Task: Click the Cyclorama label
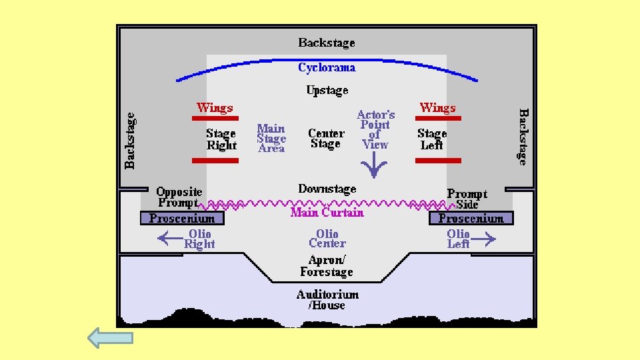327,67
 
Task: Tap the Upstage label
327,90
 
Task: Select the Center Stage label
326,139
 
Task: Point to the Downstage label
327,189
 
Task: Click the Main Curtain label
327,213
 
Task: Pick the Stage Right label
221,139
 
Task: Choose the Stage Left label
431,139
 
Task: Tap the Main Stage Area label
271,139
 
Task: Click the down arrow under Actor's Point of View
375,166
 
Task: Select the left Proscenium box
182,218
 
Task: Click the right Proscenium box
471,218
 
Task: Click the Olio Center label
327,239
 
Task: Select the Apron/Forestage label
327,266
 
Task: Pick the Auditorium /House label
327,300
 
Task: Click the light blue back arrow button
111,338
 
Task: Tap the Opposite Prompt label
179,197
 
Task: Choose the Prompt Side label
467,199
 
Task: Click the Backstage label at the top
327,43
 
